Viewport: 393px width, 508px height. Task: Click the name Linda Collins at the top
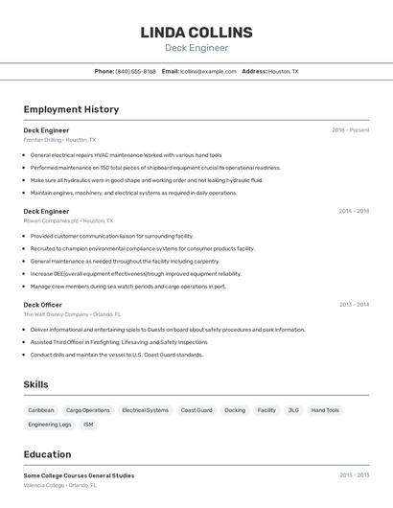[x=196, y=33]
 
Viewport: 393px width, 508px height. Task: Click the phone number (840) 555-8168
[x=135, y=71]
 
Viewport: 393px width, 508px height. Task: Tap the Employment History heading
[x=71, y=109]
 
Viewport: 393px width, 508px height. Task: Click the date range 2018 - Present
[x=350, y=130]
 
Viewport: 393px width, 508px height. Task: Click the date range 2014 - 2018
[x=353, y=211]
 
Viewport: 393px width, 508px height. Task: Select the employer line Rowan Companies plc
[x=68, y=220]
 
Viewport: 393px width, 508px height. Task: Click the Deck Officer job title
[x=43, y=305]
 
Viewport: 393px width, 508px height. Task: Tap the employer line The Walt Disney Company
[x=72, y=314]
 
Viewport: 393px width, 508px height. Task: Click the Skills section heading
[x=36, y=384]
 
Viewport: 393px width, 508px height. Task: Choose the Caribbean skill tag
[x=41, y=410]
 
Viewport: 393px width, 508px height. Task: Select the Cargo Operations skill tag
[x=88, y=410]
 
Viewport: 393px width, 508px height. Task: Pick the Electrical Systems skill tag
[x=145, y=410]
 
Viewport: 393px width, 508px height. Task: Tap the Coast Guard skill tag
[x=196, y=410]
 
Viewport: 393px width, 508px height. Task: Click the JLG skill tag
[x=293, y=410]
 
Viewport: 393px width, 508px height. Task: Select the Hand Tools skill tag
[x=325, y=410]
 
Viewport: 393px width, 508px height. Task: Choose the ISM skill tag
[x=88, y=425]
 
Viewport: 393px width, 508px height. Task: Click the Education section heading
[x=47, y=454]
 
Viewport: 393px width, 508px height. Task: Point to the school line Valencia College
[x=59, y=485]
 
